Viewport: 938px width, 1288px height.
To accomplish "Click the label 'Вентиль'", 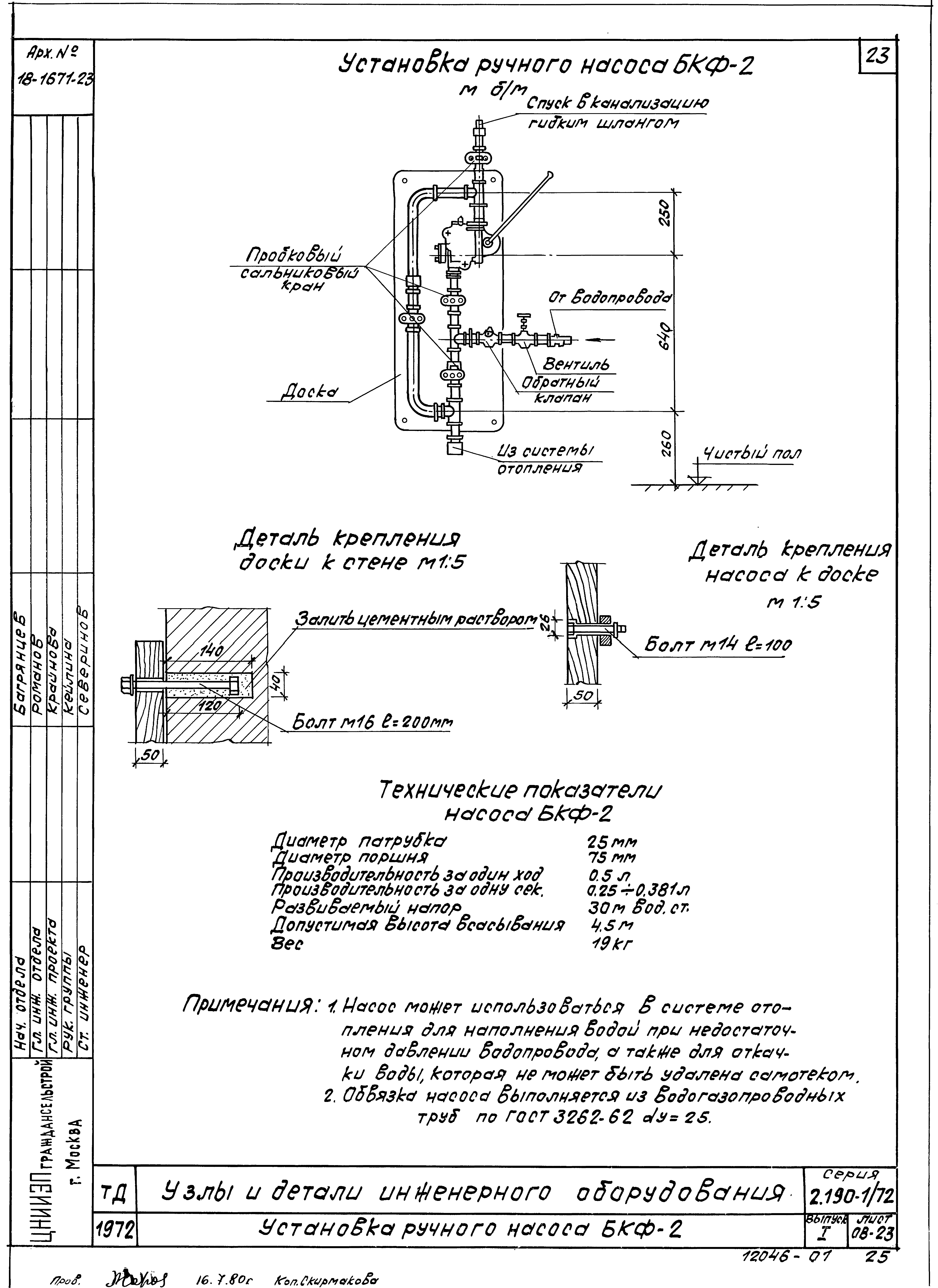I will pyautogui.click(x=576, y=364).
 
